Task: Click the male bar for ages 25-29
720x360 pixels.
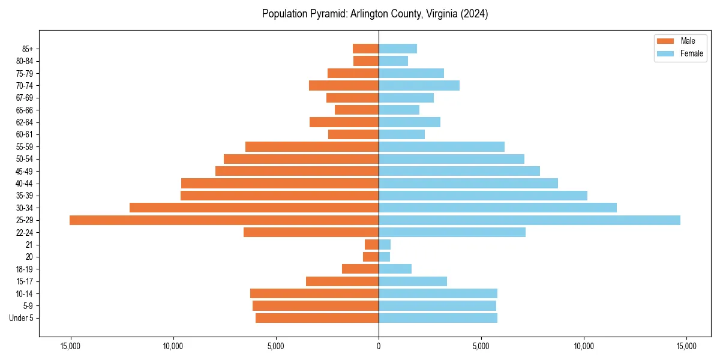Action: point(224,220)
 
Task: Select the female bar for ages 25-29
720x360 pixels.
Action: point(529,220)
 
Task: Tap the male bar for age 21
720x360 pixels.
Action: point(371,245)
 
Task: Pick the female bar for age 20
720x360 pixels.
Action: point(384,257)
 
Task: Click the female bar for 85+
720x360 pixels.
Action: point(397,49)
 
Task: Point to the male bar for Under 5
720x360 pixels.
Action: point(317,318)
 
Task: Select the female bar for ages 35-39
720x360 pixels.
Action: point(482,196)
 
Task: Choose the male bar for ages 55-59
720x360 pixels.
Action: point(312,147)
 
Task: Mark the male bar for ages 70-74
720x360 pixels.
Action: point(344,86)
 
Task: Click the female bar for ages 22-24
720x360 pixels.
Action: point(452,232)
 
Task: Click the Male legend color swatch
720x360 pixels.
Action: point(665,41)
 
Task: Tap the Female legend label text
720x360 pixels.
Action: point(692,53)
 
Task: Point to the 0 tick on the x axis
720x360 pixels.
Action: point(379,346)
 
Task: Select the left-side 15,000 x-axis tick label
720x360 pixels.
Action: point(70,346)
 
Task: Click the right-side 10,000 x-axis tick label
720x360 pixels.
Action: point(584,346)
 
